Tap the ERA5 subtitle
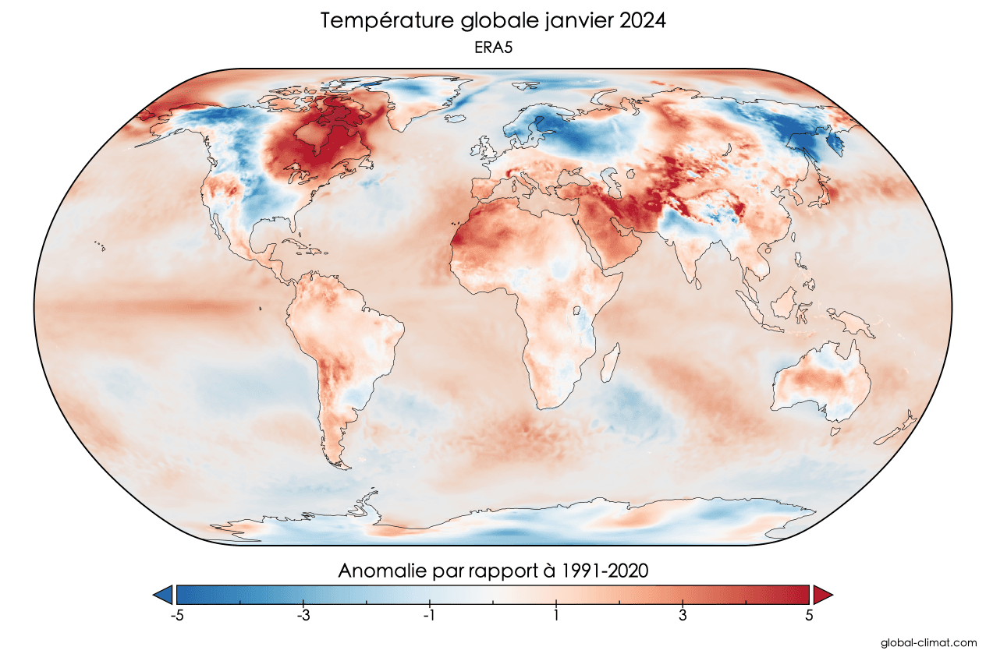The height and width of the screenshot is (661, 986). [x=492, y=47]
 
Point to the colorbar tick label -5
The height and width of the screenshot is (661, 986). [x=176, y=615]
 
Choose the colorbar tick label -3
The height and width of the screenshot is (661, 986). [x=303, y=615]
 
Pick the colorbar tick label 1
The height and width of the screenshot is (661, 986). [x=556, y=615]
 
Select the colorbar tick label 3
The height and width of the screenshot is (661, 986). [x=683, y=615]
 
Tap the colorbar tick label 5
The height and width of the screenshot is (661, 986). [x=809, y=615]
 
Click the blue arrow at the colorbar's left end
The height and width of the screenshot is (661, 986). [x=164, y=595]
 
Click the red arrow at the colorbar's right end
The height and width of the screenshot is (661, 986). [x=822, y=595]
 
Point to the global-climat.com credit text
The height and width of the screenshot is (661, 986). [x=928, y=643]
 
